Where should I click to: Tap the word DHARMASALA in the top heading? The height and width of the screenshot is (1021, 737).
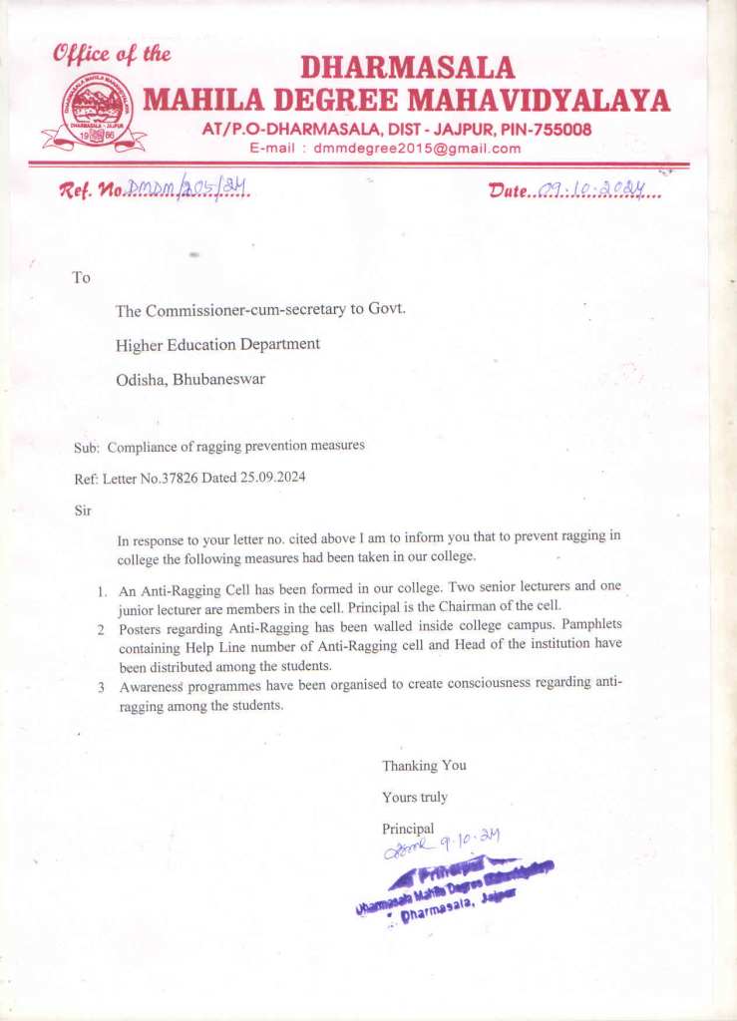click(407, 68)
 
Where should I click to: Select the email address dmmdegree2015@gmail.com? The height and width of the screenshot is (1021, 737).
click(417, 149)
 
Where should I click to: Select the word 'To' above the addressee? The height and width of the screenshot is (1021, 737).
click(82, 277)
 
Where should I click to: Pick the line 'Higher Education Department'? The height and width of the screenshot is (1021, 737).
click(217, 344)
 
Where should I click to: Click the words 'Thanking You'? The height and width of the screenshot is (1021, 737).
click(424, 766)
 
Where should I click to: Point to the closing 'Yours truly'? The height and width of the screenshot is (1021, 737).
click(415, 797)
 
